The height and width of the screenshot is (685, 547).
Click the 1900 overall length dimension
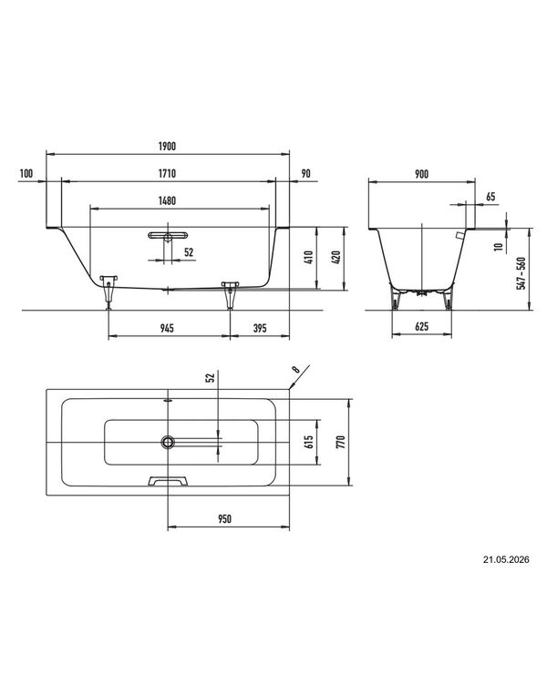(167, 146)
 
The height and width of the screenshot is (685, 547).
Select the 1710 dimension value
(167, 173)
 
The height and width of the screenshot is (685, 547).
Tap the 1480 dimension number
(167, 200)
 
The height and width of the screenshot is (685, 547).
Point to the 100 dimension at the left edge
(26, 173)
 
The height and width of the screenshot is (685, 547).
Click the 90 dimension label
(306, 173)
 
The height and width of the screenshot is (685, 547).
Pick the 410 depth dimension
(308, 259)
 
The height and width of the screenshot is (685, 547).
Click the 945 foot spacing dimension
(167, 328)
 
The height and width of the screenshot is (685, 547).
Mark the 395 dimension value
(260, 328)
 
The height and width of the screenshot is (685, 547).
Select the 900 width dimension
(421, 174)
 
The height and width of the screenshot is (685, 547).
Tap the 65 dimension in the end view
(490, 197)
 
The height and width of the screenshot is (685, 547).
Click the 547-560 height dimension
(521, 273)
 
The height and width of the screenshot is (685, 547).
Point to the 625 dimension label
(421, 326)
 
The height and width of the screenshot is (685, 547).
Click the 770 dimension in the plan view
(342, 442)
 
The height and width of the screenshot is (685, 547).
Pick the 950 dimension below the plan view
(225, 519)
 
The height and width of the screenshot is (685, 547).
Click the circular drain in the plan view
(168, 442)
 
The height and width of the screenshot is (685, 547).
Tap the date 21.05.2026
(506, 559)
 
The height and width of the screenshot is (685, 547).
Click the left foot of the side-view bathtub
(108, 291)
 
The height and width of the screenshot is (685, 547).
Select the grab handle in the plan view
(169, 481)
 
